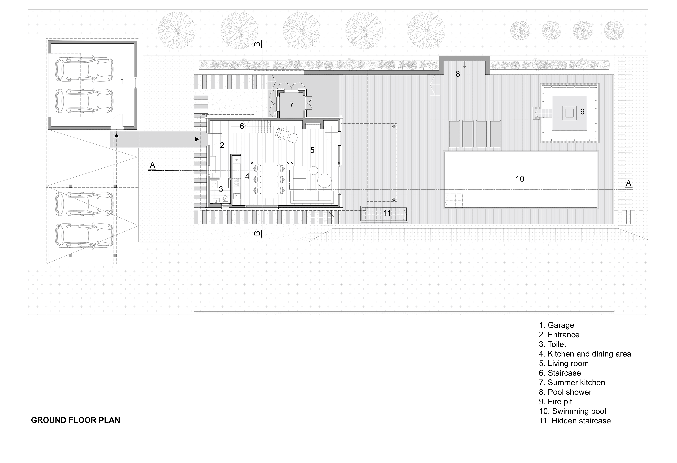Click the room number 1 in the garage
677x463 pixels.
pyautogui.click(x=123, y=81)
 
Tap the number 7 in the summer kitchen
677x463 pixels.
pyautogui.click(x=292, y=104)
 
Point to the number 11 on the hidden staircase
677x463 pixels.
pyautogui.click(x=387, y=213)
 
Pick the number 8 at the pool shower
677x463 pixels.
pyautogui.click(x=458, y=74)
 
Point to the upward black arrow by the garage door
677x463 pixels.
pyautogui.click(x=117, y=136)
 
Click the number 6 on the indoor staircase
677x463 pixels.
pyautogui.click(x=242, y=126)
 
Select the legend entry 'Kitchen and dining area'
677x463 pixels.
pyautogui.click(x=585, y=354)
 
